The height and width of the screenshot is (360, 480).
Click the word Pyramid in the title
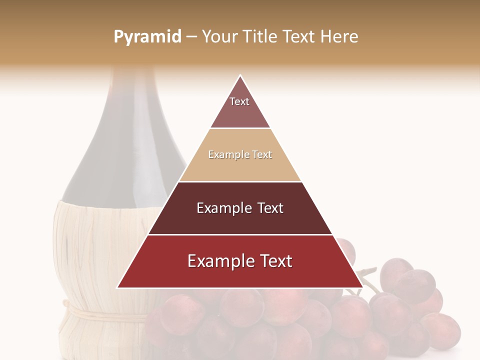point(147,37)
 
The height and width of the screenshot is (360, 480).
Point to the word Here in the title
point(339,37)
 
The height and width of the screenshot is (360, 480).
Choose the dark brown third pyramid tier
point(240,220)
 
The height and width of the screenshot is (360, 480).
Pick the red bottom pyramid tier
point(240,272)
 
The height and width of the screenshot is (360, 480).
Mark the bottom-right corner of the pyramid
point(362,287)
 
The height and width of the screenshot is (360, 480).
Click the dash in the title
point(191,37)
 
